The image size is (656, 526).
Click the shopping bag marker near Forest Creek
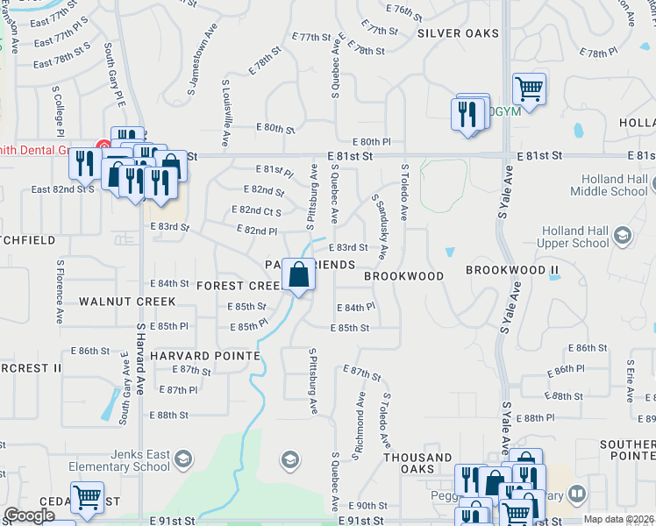299,275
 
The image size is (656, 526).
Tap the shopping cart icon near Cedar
87,497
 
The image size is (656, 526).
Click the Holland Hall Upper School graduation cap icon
623,234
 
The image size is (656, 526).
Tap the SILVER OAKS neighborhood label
458,33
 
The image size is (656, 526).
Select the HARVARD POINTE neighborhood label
204,356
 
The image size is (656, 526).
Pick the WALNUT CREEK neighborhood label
127,301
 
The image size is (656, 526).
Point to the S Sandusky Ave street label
379,226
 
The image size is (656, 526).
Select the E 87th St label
361,373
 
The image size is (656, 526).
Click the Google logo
29,515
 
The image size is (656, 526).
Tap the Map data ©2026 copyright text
618,519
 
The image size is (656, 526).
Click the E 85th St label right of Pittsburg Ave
349,328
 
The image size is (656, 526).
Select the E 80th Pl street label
371,141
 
